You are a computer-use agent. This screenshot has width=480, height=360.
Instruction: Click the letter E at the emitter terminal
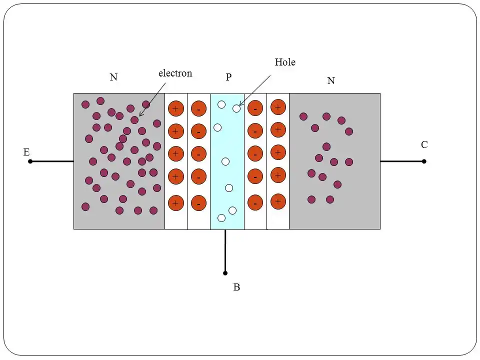(26, 152)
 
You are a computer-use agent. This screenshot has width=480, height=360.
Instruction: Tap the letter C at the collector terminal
(424, 144)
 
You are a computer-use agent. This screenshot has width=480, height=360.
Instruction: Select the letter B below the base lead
(236, 287)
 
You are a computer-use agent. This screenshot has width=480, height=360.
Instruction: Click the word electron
(175, 73)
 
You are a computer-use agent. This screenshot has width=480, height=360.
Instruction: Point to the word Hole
(285, 62)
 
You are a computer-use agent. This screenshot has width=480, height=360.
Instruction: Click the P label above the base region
(228, 77)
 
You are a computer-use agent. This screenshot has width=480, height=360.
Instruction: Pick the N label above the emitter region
(113, 77)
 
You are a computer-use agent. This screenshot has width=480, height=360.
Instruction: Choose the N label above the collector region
(331, 80)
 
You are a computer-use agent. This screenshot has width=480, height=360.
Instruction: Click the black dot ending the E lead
(30, 161)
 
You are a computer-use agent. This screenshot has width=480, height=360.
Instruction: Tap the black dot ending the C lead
(424, 161)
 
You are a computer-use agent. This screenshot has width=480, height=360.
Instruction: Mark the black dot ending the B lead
(225, 273)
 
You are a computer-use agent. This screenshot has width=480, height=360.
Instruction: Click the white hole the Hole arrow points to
(236, 108)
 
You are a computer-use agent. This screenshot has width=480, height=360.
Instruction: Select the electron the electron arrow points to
(134, 119)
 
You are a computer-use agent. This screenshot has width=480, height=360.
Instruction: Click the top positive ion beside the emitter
(176, 108)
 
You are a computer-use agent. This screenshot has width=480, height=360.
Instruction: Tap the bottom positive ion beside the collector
(278, 201)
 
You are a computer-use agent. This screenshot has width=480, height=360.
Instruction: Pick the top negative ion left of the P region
(198, 108)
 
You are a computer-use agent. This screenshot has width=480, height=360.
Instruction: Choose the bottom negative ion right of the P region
(255, 202)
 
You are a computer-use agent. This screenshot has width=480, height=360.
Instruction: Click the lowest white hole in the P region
(221, 218)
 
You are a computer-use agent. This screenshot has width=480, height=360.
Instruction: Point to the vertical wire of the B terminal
(225, 251)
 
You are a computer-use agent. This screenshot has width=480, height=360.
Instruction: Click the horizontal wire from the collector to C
(402, 161)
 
